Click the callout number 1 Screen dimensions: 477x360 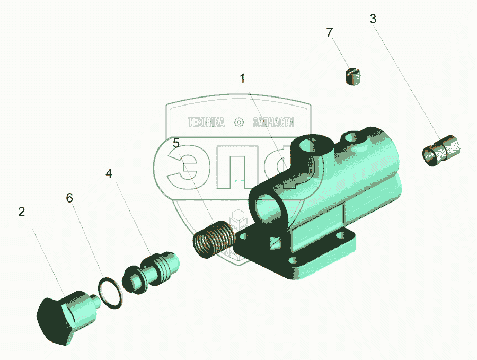click(x=242, y=78)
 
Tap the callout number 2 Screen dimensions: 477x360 click(x=21, y=212)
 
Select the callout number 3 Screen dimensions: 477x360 click(x=373, y=19)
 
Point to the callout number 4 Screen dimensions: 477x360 click(x=109, y=173)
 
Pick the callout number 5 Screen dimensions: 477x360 click(x=176, y=143)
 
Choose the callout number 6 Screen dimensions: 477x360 click(x=69, y=198)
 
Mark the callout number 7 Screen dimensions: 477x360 click(x=330, y=32)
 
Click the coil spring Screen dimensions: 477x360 click(x=214, y=239)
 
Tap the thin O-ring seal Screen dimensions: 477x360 click(x=111, y=293)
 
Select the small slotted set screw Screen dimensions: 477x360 click(x=354, y=77)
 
